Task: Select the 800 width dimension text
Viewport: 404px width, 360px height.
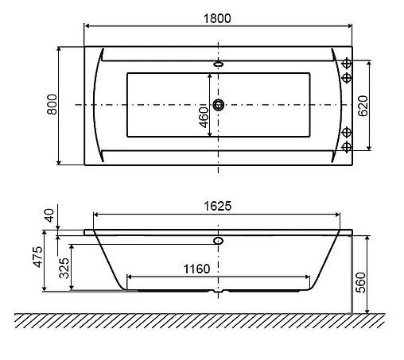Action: coord(51,106)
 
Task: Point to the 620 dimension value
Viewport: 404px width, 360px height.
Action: coord(363,106)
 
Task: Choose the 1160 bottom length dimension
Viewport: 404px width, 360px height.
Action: coord(193,269)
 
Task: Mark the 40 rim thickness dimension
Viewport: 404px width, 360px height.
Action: coord(50,215)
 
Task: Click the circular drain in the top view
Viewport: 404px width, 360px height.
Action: coord(219,104)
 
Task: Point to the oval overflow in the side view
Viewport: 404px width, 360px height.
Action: coord(219,238)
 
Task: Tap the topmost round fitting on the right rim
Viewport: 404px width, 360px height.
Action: coord(347,63)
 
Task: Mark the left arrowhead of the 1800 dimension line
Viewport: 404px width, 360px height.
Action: coord(87,26)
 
